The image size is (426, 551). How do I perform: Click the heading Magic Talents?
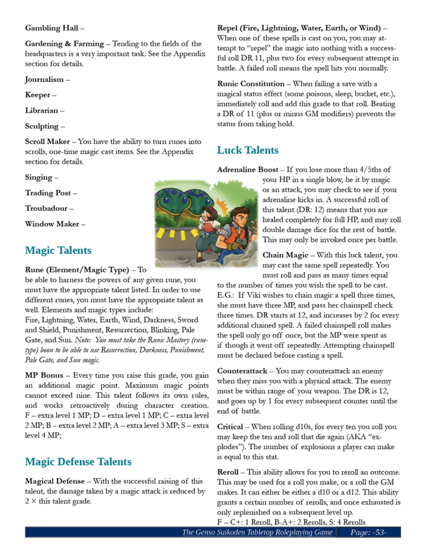coord(58,250)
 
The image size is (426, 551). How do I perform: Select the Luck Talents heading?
coord(248,150)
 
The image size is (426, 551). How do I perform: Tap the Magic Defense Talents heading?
coord(78,461)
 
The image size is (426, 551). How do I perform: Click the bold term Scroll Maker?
coord(47,142)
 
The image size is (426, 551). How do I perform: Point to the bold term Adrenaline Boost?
coord(248,169)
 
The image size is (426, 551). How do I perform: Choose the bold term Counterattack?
coord(242,371)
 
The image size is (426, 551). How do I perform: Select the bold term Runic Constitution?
coord(251,83)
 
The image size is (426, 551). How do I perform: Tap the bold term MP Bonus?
coord(43,375)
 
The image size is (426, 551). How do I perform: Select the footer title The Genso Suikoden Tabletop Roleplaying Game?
coord(257,532)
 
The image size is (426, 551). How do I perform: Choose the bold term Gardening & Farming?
coord(64,44)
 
